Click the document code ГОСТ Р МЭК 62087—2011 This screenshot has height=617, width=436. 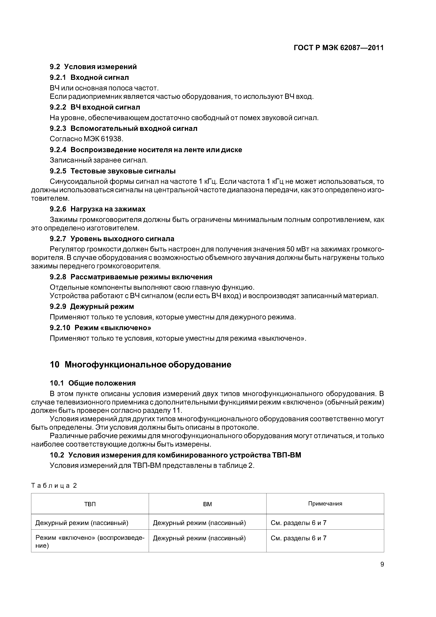pos(338,48)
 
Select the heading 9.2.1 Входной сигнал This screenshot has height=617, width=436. pos(89,78)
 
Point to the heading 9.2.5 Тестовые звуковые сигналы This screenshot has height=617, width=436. pos(113,171)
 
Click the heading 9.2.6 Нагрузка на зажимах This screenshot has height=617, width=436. pos(98,209)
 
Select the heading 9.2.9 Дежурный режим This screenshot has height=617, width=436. pos(92,307)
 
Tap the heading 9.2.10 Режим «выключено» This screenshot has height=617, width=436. pos(100,328)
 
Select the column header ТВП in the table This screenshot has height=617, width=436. pos(90,504)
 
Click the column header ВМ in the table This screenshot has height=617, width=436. pos(207,504)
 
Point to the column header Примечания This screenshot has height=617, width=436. pos(325,504)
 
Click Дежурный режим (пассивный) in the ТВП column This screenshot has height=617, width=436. pos(82,523)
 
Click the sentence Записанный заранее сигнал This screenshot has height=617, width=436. pos(99,160)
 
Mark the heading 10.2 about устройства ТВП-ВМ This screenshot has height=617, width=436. pos(175,455)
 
